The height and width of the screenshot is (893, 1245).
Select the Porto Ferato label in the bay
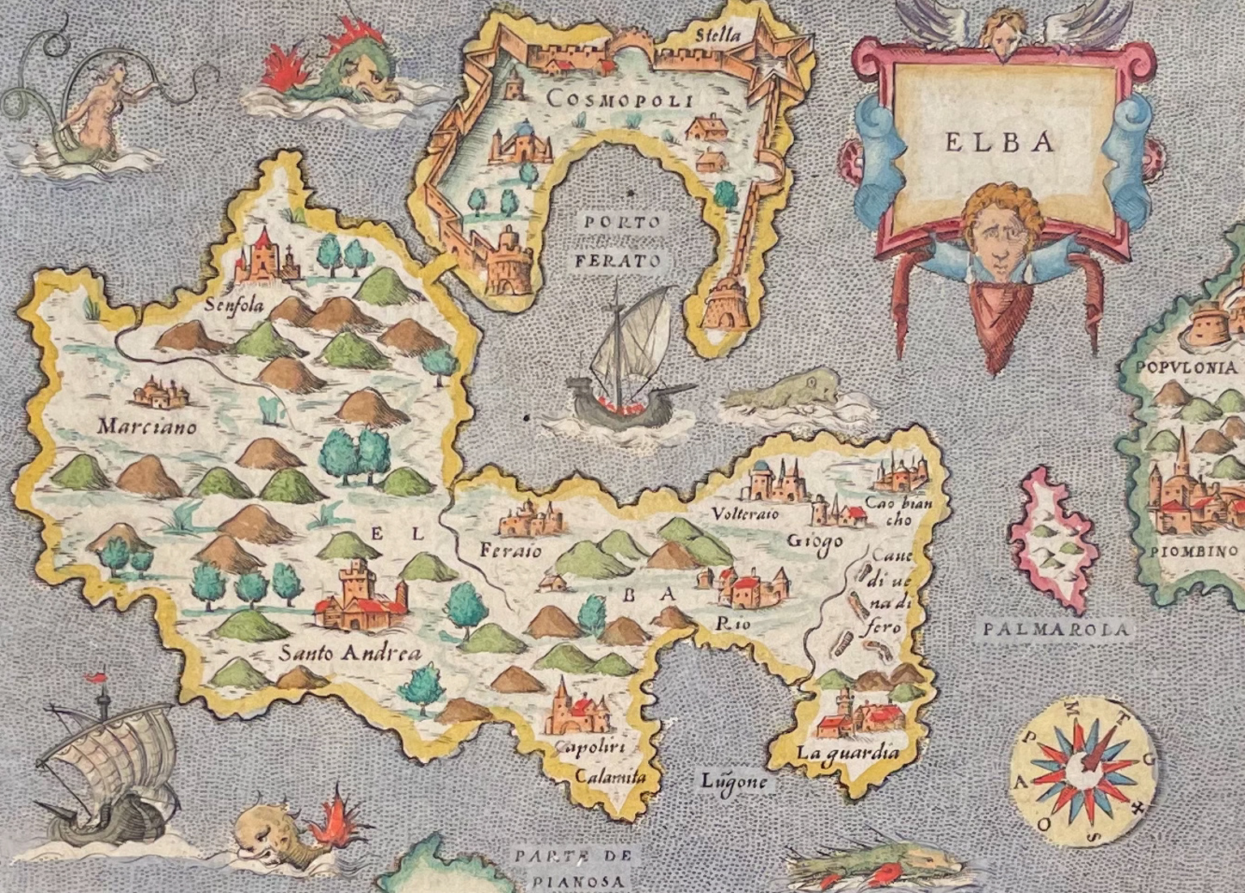point(619,241)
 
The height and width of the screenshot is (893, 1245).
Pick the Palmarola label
point(1057,629)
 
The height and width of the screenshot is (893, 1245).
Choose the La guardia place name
point(848,753)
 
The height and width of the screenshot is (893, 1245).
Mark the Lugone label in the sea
point(734,781)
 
